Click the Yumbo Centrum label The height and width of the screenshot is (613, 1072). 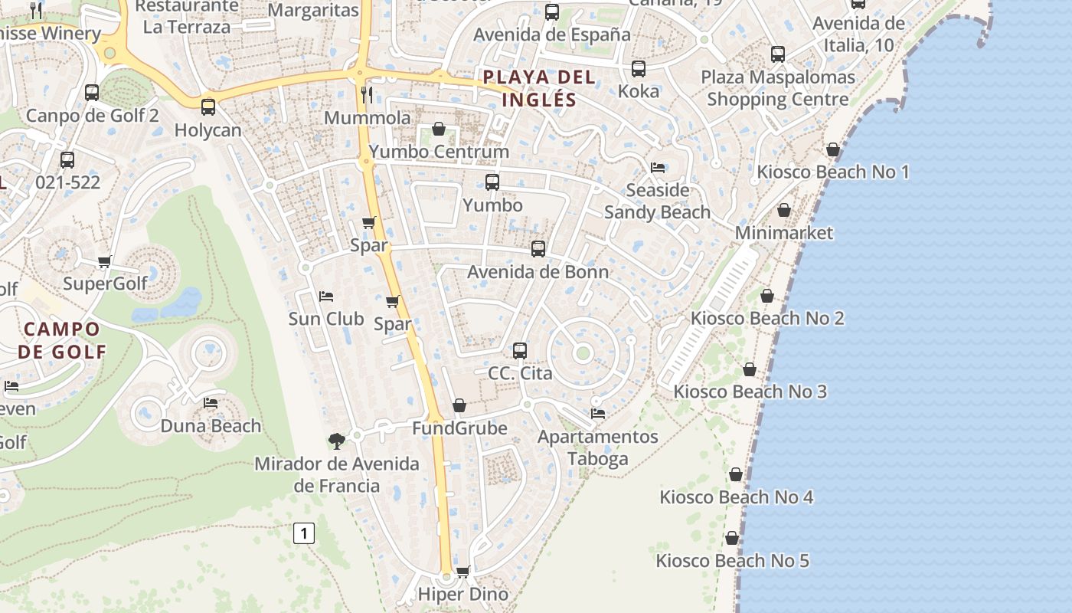pos(439,152)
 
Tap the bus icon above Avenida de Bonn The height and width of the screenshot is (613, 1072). pos(538,249)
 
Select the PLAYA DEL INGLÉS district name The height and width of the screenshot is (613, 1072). pos(539,88)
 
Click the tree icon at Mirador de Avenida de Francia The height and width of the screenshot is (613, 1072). pos(335,441)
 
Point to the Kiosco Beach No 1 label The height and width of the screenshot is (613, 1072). pos(833,172)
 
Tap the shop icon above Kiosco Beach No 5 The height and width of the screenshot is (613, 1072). pos(732,538)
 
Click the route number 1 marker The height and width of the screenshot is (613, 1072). pos(304,533)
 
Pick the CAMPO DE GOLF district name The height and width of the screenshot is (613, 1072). pos(62,340)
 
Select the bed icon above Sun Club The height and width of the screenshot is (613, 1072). pos(326,297)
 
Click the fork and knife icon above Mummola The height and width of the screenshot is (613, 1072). pos(368,95)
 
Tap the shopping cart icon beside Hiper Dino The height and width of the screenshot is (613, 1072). pos(462,572)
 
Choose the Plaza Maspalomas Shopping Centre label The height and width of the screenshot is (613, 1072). pos(778,88)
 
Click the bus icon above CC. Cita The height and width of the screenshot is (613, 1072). pos(520,351)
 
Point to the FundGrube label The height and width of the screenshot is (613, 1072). pos(459,428)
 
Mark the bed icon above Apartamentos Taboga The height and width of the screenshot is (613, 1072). pos(598,414)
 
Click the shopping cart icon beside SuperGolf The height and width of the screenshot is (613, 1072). pos(105,262)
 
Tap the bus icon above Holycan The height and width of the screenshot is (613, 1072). pos(208,107)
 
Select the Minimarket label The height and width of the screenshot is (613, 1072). pos(784,232)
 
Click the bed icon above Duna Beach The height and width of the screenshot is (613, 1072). pos(211,403)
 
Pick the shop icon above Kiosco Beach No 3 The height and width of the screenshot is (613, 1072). pos(750,369)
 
